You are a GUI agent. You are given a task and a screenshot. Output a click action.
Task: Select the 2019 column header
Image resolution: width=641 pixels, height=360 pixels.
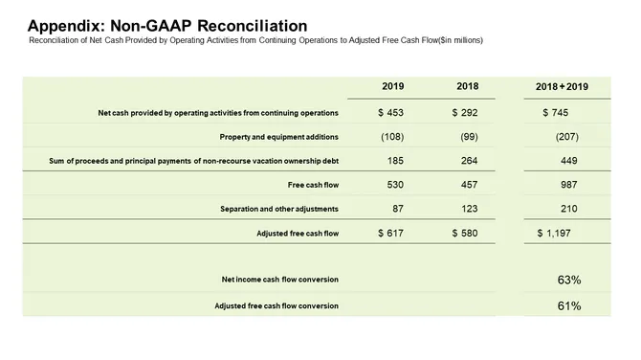(392, 87)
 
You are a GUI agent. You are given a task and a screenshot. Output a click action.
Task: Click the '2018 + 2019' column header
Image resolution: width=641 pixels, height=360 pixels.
(562, 87)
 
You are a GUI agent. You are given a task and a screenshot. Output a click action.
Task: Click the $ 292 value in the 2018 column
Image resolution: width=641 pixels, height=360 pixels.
(465, 112)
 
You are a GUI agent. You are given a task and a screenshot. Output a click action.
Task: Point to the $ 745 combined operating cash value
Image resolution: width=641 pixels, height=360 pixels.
(555, 112)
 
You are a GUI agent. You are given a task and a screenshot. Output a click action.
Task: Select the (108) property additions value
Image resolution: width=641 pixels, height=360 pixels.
(391, 136)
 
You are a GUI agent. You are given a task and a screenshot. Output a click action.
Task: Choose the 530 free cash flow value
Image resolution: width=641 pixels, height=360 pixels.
(392, 183)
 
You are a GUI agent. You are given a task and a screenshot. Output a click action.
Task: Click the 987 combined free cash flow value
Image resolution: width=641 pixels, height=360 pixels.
(567, 183)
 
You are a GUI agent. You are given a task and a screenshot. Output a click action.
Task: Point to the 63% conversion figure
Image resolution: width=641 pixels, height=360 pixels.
(569, 280)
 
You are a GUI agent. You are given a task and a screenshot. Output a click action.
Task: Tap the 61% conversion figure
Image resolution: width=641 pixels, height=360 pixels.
(569, 305)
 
